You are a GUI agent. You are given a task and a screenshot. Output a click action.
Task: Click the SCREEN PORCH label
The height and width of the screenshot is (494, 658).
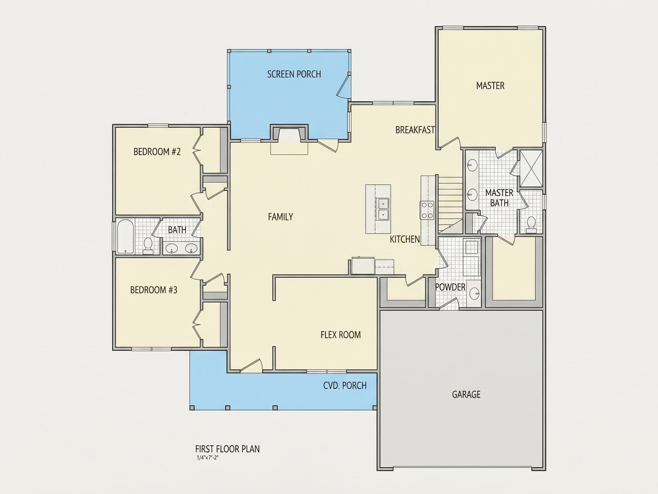click(x=294, y=74)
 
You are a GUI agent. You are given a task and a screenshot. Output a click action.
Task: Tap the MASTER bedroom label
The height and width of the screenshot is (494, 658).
click(x=490, y=86)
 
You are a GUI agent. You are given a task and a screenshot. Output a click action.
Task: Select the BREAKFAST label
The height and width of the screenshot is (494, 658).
click(x=415, y=130)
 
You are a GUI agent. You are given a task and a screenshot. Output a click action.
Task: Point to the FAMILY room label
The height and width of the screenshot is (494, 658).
click(x=280, y=217)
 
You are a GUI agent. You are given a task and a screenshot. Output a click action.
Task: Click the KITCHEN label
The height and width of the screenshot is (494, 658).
click(x=405, y=239)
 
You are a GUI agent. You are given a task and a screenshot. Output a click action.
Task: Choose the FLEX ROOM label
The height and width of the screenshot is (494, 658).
click(x=341, y=335)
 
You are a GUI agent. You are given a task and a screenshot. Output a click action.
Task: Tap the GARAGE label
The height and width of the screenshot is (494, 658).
click(x=466, y=395)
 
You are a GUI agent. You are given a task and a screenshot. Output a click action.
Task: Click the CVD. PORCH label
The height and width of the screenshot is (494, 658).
click(x=345, y=386)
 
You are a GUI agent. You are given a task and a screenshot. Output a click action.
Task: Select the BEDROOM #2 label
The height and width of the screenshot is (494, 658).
click(x=157, y=152)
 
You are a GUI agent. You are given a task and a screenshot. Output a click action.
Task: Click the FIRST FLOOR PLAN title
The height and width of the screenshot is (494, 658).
click(x=227, y=449)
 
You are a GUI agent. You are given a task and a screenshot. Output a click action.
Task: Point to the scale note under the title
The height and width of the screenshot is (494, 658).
click(x=207, y=458)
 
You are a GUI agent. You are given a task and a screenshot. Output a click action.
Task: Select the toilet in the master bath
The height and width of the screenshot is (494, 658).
click(x=531, y=225)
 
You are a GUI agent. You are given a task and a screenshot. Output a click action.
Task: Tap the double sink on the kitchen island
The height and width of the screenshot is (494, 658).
click(x=383, y=209)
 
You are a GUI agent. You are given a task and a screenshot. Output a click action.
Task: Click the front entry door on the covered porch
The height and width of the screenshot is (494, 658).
click(x=251, y=366)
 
